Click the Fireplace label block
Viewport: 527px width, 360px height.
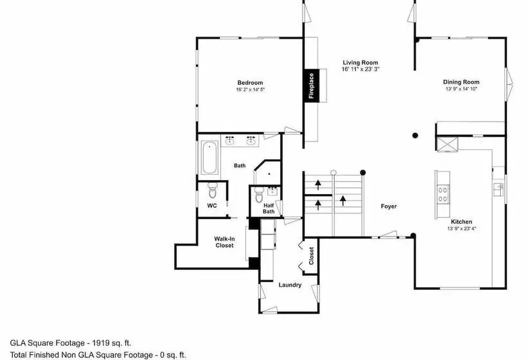coord(312,85)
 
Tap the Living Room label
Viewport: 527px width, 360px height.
coord(361,62)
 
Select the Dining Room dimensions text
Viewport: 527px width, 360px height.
coord(461,89)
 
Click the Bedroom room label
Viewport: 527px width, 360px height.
coord(250,83)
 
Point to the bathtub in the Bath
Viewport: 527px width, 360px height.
coord(210,157)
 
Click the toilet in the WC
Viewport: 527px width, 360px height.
coord(213,190)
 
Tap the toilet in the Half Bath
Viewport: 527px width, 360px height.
coord(259,194)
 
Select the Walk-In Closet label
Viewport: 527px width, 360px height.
coord(224,242)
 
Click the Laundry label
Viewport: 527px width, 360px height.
coord(290,285)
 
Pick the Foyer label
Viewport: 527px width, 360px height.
coord(389,206)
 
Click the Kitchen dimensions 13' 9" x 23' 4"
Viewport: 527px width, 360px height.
coord(461,229)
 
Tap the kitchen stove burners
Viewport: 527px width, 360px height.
coord(443,194)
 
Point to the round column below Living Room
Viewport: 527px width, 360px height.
coord(415,136)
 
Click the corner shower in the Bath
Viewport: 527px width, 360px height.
coord(268,173)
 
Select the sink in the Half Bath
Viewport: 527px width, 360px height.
coord(272,192)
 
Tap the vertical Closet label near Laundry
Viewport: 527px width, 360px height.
coord(311,256)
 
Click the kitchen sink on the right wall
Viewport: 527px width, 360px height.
coord(499,189)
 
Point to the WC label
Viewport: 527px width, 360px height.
coord(211,206)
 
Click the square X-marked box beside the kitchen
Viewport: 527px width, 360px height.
coord(447,145)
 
